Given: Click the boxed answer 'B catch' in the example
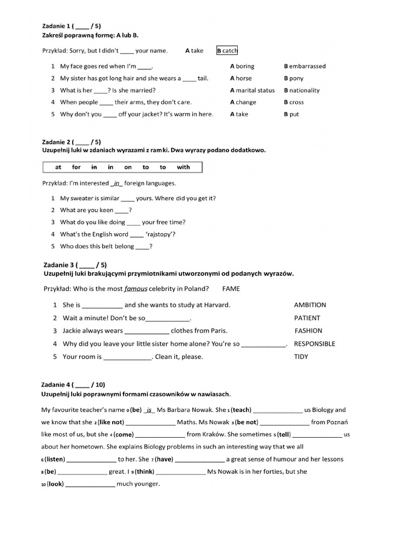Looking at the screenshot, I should [227, 51].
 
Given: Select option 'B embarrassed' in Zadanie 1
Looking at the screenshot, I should [304, 67].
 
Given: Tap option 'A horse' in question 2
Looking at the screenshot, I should [240, 78].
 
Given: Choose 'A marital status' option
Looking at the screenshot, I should [252, 90].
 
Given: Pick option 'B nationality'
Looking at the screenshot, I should [302, 90].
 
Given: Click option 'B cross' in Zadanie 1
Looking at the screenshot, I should [294, 102].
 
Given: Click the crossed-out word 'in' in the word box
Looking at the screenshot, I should [93, 167].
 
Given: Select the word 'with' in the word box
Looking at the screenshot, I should [184, 167].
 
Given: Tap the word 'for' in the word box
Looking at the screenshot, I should [76, 167].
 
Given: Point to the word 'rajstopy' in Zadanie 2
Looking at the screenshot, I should [160, 234].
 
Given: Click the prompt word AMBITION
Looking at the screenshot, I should [310, 305].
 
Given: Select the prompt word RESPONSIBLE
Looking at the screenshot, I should [314, 344].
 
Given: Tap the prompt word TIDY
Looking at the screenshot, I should [301, 357].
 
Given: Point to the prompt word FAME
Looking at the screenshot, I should [231, 289].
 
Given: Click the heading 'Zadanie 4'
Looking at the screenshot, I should [56, 385].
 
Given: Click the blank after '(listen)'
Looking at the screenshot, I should [90, 459].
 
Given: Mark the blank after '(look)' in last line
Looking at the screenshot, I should [90, 484].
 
